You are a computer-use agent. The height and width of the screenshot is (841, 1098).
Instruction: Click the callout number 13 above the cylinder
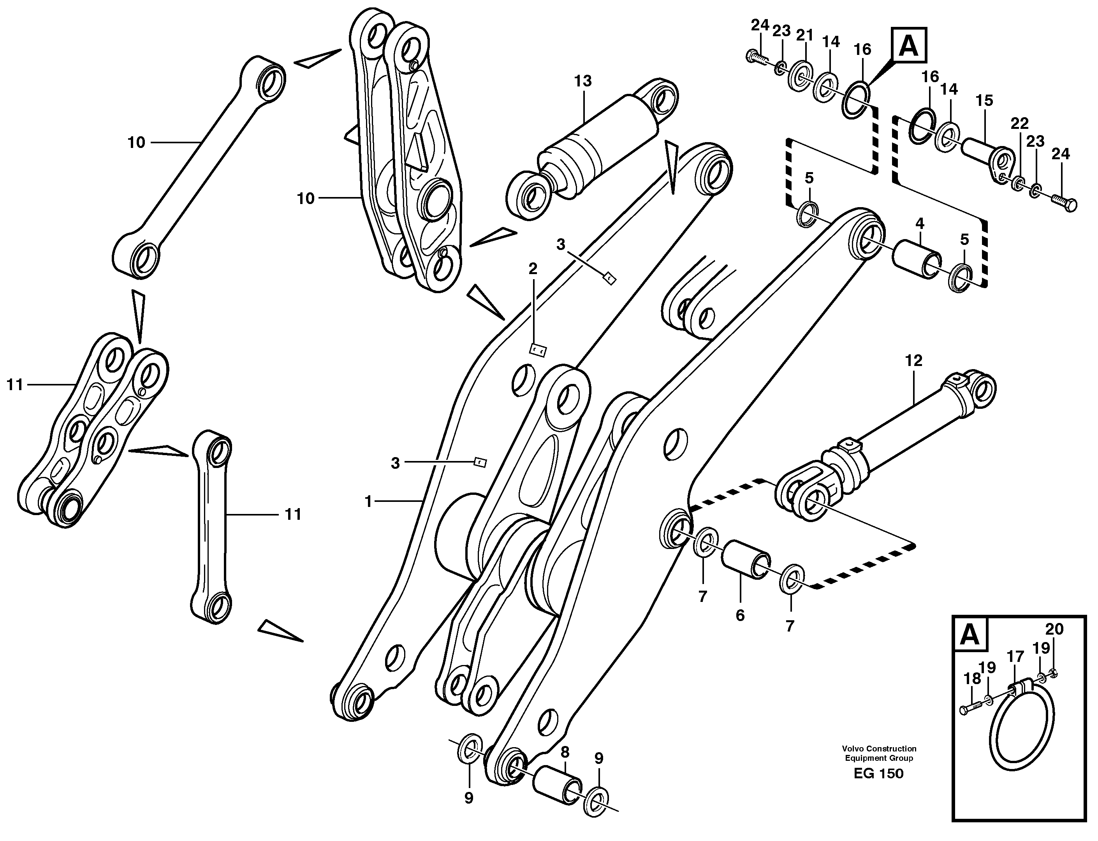point(583,81)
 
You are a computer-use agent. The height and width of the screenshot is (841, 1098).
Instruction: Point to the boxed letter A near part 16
point(909,46)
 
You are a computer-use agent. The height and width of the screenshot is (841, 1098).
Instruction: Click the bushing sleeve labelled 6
point(746,559)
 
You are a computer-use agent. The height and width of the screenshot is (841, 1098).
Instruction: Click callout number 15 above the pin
point(984,100)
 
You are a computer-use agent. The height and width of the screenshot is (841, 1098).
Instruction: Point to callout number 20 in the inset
point(1054,629)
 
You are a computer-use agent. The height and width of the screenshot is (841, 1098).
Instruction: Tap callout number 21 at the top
point(804,35)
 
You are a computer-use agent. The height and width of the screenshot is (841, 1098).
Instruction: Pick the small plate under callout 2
point(538,350)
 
